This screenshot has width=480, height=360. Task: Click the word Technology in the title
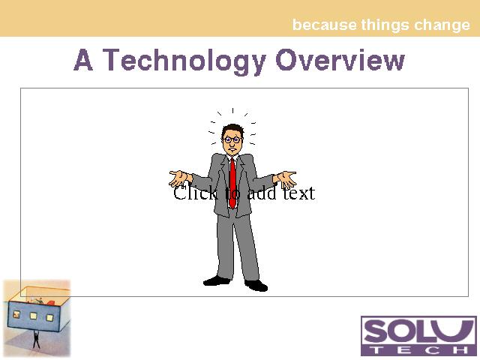184,61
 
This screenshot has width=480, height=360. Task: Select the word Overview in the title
340,60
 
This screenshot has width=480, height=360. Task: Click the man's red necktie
232,183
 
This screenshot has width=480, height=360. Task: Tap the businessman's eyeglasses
232,140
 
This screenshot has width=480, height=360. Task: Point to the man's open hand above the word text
287,179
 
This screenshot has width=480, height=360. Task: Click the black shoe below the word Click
217,280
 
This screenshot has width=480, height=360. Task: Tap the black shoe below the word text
256,285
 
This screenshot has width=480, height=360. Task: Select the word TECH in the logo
418,350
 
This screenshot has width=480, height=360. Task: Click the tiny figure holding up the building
36,339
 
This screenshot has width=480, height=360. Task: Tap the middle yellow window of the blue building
33,315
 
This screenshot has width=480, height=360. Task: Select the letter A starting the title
83,60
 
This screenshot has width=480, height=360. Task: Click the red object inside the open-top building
50,303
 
